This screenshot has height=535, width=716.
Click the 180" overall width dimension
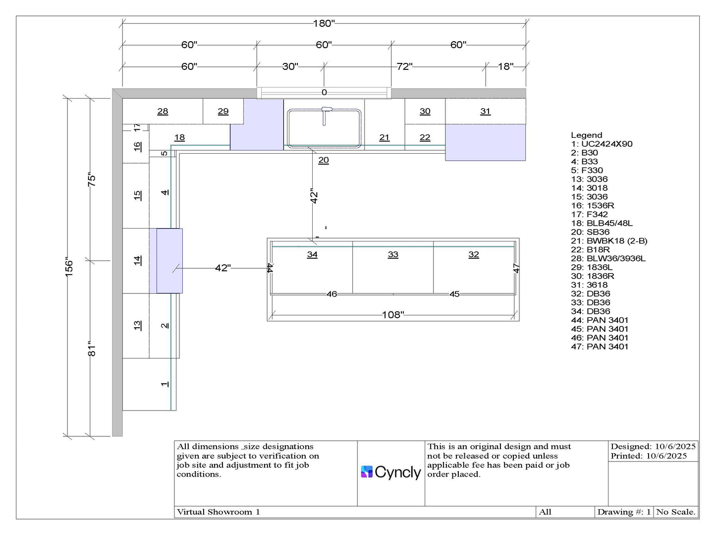[x=324, y=23]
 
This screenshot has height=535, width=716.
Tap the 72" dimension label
[x=404, y=66]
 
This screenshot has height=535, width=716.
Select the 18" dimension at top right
[x=505, y=66]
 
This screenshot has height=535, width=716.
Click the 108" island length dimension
[x=393, y=315]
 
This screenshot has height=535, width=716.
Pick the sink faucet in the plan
[x=325, y=116]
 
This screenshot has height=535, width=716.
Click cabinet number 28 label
[x=163, y=112]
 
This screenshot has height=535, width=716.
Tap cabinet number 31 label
[x=485, y=112]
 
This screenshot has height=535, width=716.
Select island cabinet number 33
[x=393, y=254]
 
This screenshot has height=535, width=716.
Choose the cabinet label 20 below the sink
[x=324, y=160]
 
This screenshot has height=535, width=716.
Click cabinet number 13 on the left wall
[x=137, y=325]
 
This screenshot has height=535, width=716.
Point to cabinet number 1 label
[x=165, y=384]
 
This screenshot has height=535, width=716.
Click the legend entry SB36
[x=590, y=232]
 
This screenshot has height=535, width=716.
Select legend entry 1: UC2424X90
[x=602, y=144]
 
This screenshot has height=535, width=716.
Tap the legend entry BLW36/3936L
[x=608, y=258]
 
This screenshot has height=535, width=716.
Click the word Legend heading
[x=586, y=135]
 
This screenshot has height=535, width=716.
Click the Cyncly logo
[x=391, y=472]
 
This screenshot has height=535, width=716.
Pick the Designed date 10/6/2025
[x=653, y=447]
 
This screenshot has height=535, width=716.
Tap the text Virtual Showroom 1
[x=219, y=512]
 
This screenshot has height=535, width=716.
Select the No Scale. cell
[x=676, y=512]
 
